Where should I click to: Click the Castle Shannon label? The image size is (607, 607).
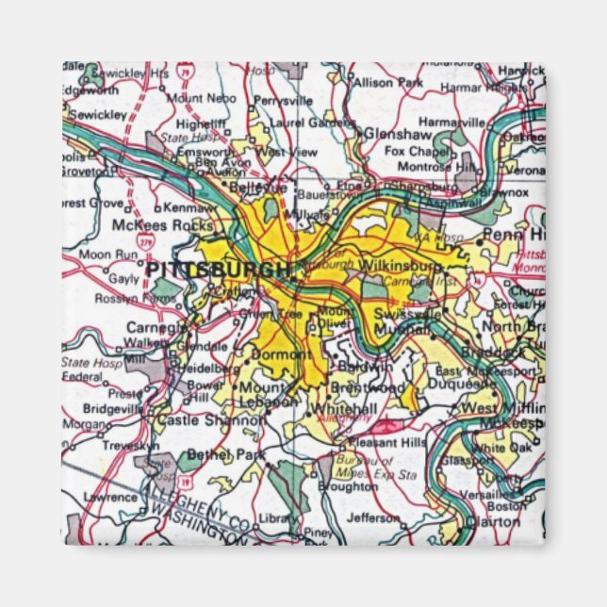click(x=210, y=419)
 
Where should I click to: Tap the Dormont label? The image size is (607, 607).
click(x=282, y=354)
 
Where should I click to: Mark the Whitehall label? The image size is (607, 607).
click(x=345, y=407)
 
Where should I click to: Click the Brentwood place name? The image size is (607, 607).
click(x=368, y=387)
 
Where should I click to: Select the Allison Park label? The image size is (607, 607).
click(x=388, y=83)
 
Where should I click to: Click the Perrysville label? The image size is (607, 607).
click(x=282, y=100)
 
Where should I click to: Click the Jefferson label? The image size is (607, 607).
click(x=373, y=517)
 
